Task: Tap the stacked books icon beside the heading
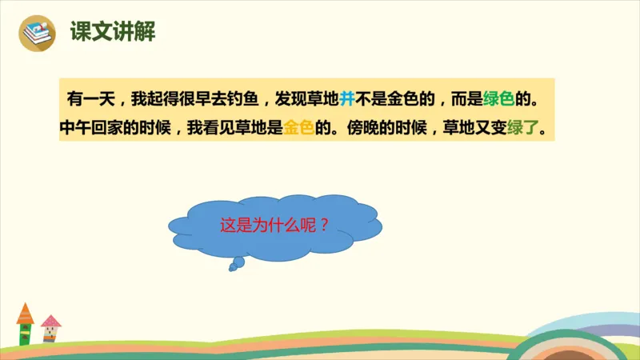37,32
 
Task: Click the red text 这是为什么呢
269,225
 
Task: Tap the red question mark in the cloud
324,225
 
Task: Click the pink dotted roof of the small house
51,322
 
